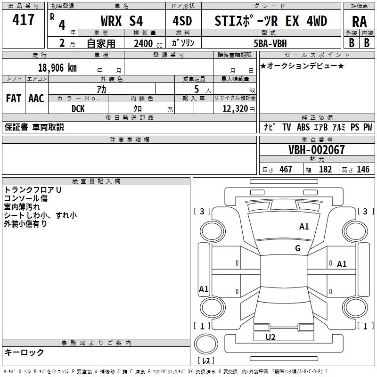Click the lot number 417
coord(24,20)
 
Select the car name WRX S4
coord(122,21)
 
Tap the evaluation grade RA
coord(359,22)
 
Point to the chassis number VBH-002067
coord(317,150)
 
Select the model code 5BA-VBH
coord(270,42)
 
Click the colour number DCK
coord(78,109)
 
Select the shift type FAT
coord(14,98)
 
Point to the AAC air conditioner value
coord(36,98)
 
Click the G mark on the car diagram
coord(297,248)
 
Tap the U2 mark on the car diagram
coord(270,337)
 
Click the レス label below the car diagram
coord(205,361)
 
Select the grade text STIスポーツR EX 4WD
coord(271,21)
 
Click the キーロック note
coord(24,352)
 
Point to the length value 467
coord(286,169)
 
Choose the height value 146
coord(363,169)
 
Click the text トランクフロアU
coord(33,189)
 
